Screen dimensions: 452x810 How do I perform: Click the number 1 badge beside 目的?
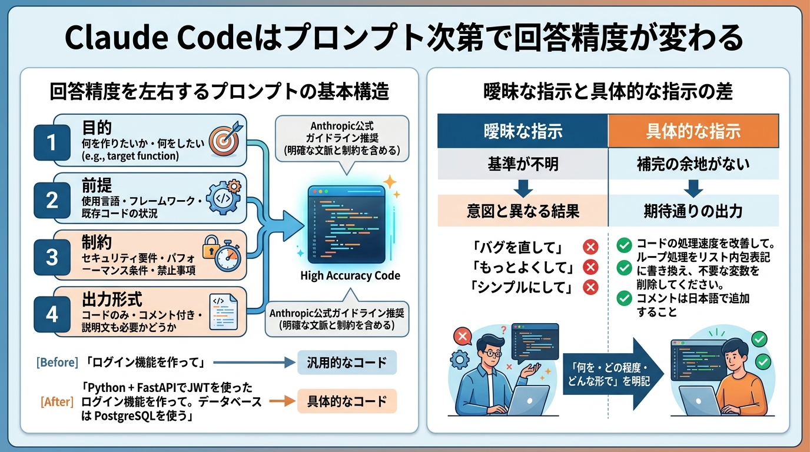[52, 142]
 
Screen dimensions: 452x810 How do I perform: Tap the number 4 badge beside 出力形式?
[52, 314]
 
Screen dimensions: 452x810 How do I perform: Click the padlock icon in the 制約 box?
[210, 250]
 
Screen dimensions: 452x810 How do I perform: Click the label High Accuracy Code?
[350, 275]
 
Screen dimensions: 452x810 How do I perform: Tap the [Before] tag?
[57, 363]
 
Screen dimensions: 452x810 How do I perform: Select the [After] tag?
[57, 402]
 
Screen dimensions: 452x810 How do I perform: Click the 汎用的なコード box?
[347, 363]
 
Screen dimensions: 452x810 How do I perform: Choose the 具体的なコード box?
[347, 402]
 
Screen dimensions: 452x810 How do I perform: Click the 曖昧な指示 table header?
[522, 131]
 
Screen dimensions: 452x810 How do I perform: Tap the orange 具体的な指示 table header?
[693, 131]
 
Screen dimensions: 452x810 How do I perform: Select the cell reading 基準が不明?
[522, 163]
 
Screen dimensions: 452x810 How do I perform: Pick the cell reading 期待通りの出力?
[693, 211]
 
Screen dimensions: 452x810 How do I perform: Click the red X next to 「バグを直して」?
[590, 247]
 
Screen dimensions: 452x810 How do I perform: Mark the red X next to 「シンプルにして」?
[590, 287]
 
